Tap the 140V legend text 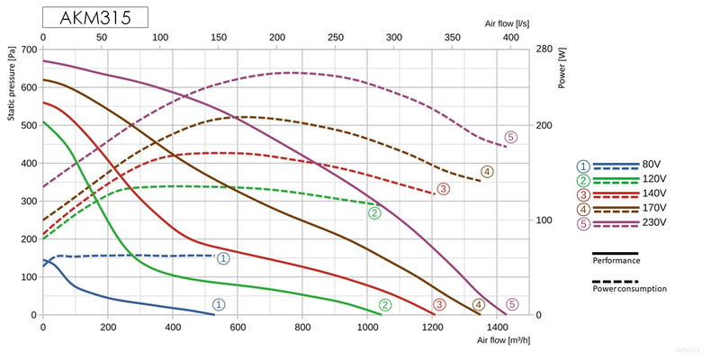(x=652, y=193)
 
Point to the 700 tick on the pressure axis (x=31, y=49)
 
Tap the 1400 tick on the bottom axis (x=498, y=328)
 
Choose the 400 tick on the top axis (x=510, y=38)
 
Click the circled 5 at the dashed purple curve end (x=511, y=138)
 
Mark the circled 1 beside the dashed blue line (x=223, y=258)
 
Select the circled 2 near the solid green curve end (x=385, y=305)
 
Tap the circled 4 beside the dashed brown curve (x=487, y=172)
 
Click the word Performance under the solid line (x=616, y=260)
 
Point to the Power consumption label (x=629, y=289)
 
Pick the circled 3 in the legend (x=584, y=193)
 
